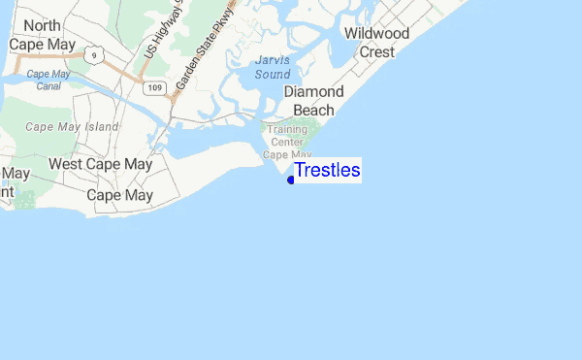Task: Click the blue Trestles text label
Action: [x=327, y=171]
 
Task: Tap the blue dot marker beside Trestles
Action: [x=291, y=180]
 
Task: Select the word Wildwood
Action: [x=377, y=34]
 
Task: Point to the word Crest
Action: [x=376, y=51]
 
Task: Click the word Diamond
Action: [x=314, y=91]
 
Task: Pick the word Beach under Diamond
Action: [x=313, y=110]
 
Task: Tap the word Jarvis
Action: [x=272, y=60]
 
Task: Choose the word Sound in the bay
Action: [x=272, y=74]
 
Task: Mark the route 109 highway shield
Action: [x=154, y=88]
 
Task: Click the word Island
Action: [x=99, y=126]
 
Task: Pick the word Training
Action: [x=287, y=129]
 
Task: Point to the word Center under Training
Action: [x=287, y=142]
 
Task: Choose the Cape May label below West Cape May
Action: [x=120, y=195]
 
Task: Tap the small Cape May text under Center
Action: [x=287, y=154]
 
